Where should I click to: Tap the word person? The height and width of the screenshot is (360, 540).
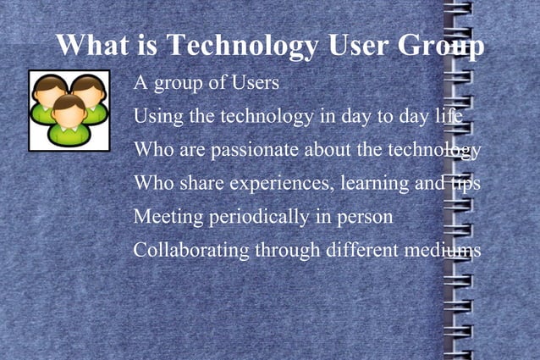[x=364, y=218]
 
